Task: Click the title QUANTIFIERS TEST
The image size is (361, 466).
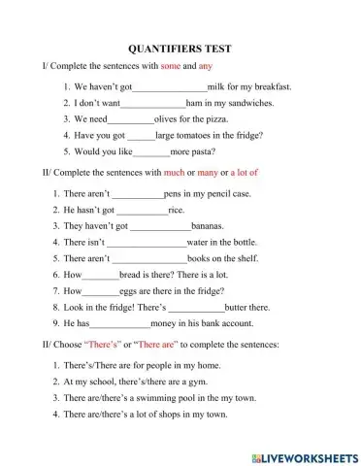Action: [x=180, y=47]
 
